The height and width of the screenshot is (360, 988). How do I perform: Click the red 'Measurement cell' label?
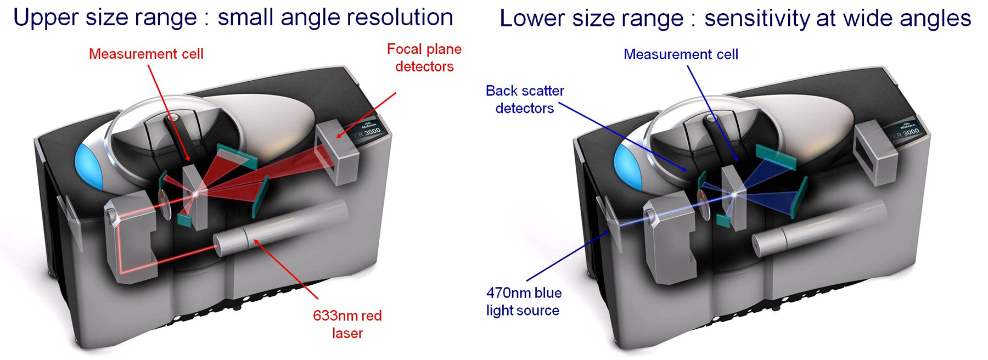point(146,54)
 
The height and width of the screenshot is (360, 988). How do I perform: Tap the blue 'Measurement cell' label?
point(681,54)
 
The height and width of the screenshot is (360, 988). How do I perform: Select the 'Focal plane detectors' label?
point(424,58)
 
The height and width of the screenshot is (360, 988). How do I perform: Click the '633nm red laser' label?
point(347,324)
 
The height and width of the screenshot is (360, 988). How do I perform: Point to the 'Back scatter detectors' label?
point(525,99)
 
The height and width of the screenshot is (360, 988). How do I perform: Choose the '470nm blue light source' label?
point(524,301)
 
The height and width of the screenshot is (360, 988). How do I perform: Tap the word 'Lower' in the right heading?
point(531,19)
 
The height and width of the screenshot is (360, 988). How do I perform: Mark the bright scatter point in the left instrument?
point(196,193)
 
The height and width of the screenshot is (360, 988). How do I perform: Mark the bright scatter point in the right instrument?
point(734,194)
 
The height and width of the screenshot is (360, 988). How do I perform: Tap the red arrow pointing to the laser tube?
point(285,269)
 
